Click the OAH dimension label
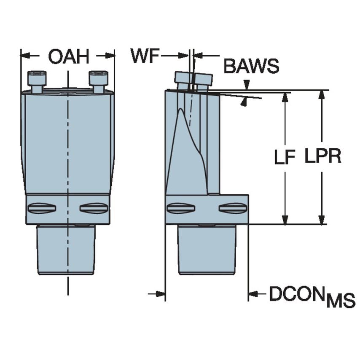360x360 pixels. pos(68,56)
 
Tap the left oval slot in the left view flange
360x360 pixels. pos(41,208)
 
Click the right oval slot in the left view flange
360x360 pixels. pos(94,208)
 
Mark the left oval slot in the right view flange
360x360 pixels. pos(180,208)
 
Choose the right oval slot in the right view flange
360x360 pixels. pos(233,208)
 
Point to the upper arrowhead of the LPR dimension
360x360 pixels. pos(322,94)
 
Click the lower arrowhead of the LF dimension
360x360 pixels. pos(285,220)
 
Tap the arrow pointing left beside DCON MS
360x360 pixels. pos(253,294)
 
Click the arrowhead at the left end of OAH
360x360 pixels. pos(24,55)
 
